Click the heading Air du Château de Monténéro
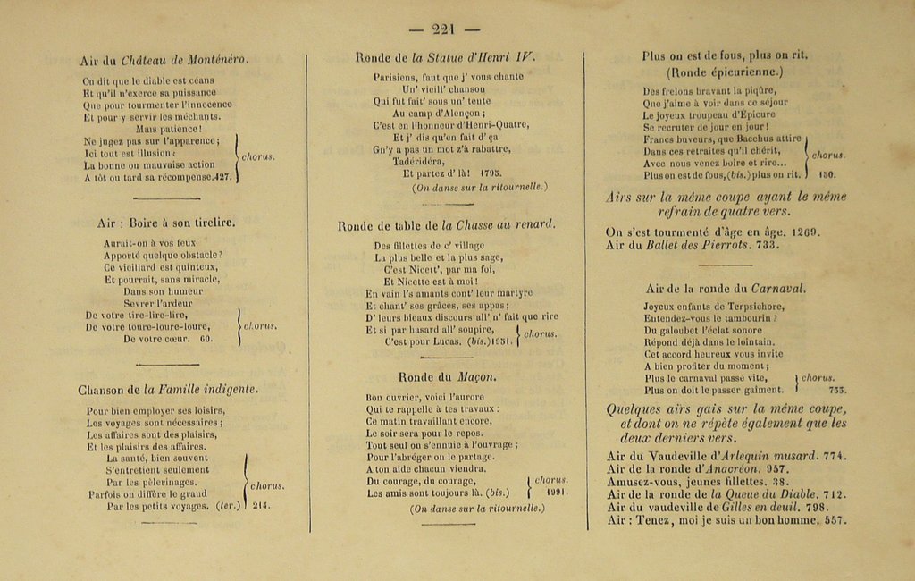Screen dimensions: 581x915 pos(164,60)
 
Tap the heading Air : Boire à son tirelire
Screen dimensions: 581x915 pos(165,222)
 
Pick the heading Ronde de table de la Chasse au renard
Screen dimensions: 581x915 pos(446,225)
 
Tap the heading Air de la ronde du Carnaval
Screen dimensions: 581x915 pos(725,288)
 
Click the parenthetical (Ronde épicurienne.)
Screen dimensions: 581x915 pos(724,72)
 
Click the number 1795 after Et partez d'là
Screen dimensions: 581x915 pos(491,173)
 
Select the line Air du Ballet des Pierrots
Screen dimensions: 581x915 pos(679,245)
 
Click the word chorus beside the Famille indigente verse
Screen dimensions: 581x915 pos(266,486)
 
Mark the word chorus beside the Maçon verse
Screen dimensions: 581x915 pos(550,480)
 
